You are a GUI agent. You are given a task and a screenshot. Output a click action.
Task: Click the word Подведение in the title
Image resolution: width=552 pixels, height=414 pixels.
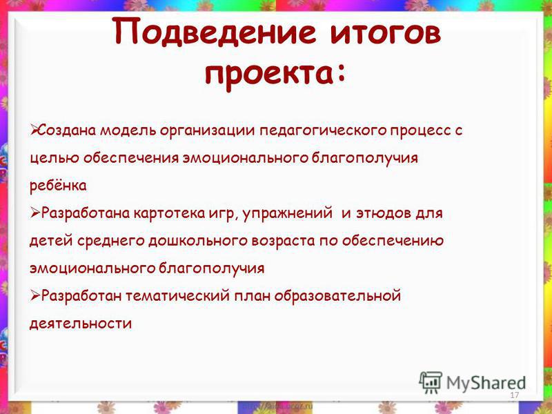pyautogui.click(x=215, y=32)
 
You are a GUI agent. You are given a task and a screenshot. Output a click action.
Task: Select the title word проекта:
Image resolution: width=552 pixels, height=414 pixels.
pyautogui.click(x=275, y=75)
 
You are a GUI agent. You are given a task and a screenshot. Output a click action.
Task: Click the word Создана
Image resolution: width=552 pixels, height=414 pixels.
pyautogui.click(x=66, y=130)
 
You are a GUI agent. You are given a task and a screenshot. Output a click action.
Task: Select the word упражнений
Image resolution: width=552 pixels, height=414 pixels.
pyautogui.click(x=287, y=214)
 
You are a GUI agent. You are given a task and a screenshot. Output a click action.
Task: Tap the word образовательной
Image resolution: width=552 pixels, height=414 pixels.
pyautogui.click(x=337, y=296)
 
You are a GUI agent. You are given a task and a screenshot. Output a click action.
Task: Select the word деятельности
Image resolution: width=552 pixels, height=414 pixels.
pyautogui.click(x=81, y=323)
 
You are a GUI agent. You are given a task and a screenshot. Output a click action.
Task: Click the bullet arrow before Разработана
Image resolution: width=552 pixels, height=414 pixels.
pyautogui.click(x=35, y=213)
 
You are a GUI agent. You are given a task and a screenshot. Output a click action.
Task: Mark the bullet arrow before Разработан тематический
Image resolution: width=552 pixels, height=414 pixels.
pyautogui.click(x=35, y=295)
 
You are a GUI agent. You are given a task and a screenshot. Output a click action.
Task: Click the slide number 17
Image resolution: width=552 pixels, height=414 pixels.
pyautogui.click(x=514, y=395)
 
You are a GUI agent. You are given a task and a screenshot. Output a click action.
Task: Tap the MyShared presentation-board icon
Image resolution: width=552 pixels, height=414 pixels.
pyautogui.click(x=431, y=382)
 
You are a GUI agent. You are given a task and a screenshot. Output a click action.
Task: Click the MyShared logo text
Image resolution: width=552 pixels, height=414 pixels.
pyautogui.click(x=486, y=384)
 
